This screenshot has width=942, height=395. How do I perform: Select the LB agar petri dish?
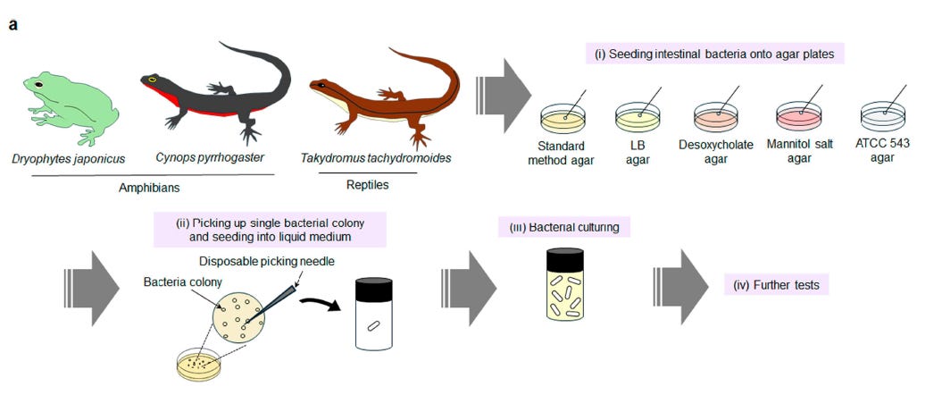click(x=637, y=116)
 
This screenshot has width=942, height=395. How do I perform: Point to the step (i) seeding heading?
click(x=714, y=54)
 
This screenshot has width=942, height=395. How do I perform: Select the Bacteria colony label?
click(x=181, y=282)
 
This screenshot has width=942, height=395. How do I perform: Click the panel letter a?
click(x=13, y=24)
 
